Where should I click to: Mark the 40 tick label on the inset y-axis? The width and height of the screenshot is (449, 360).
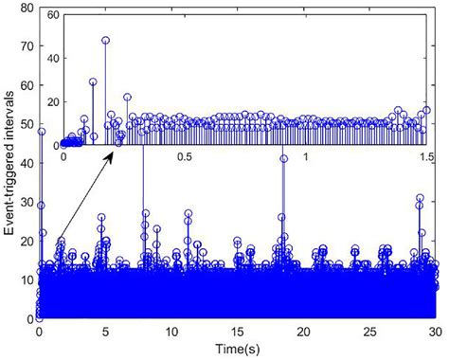[50, 61]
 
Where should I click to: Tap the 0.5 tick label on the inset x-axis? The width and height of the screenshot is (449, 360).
[184, 156]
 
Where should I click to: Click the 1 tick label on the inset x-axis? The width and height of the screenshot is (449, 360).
[306, 156]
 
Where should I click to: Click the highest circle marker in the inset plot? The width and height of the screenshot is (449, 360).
[106, 41]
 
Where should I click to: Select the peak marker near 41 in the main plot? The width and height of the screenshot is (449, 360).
[283, 159]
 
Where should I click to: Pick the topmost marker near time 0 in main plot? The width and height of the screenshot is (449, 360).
[42, 132]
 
